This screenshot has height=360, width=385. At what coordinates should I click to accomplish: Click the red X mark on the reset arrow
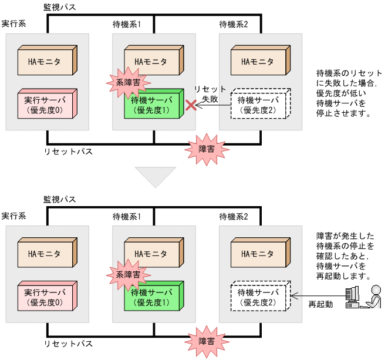191,105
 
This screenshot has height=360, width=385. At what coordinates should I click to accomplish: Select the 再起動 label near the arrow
320,304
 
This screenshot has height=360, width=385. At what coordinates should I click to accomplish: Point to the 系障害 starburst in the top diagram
128,83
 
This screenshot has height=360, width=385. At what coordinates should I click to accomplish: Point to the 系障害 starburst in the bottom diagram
128,274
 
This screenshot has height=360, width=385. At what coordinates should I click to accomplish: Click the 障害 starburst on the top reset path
206,149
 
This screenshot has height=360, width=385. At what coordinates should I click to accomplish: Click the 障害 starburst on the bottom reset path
206,341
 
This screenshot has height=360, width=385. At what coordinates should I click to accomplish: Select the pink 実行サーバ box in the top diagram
45,105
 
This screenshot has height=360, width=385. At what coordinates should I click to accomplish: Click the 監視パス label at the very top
60,8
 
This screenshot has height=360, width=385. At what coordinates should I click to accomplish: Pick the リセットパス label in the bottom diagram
68,343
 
